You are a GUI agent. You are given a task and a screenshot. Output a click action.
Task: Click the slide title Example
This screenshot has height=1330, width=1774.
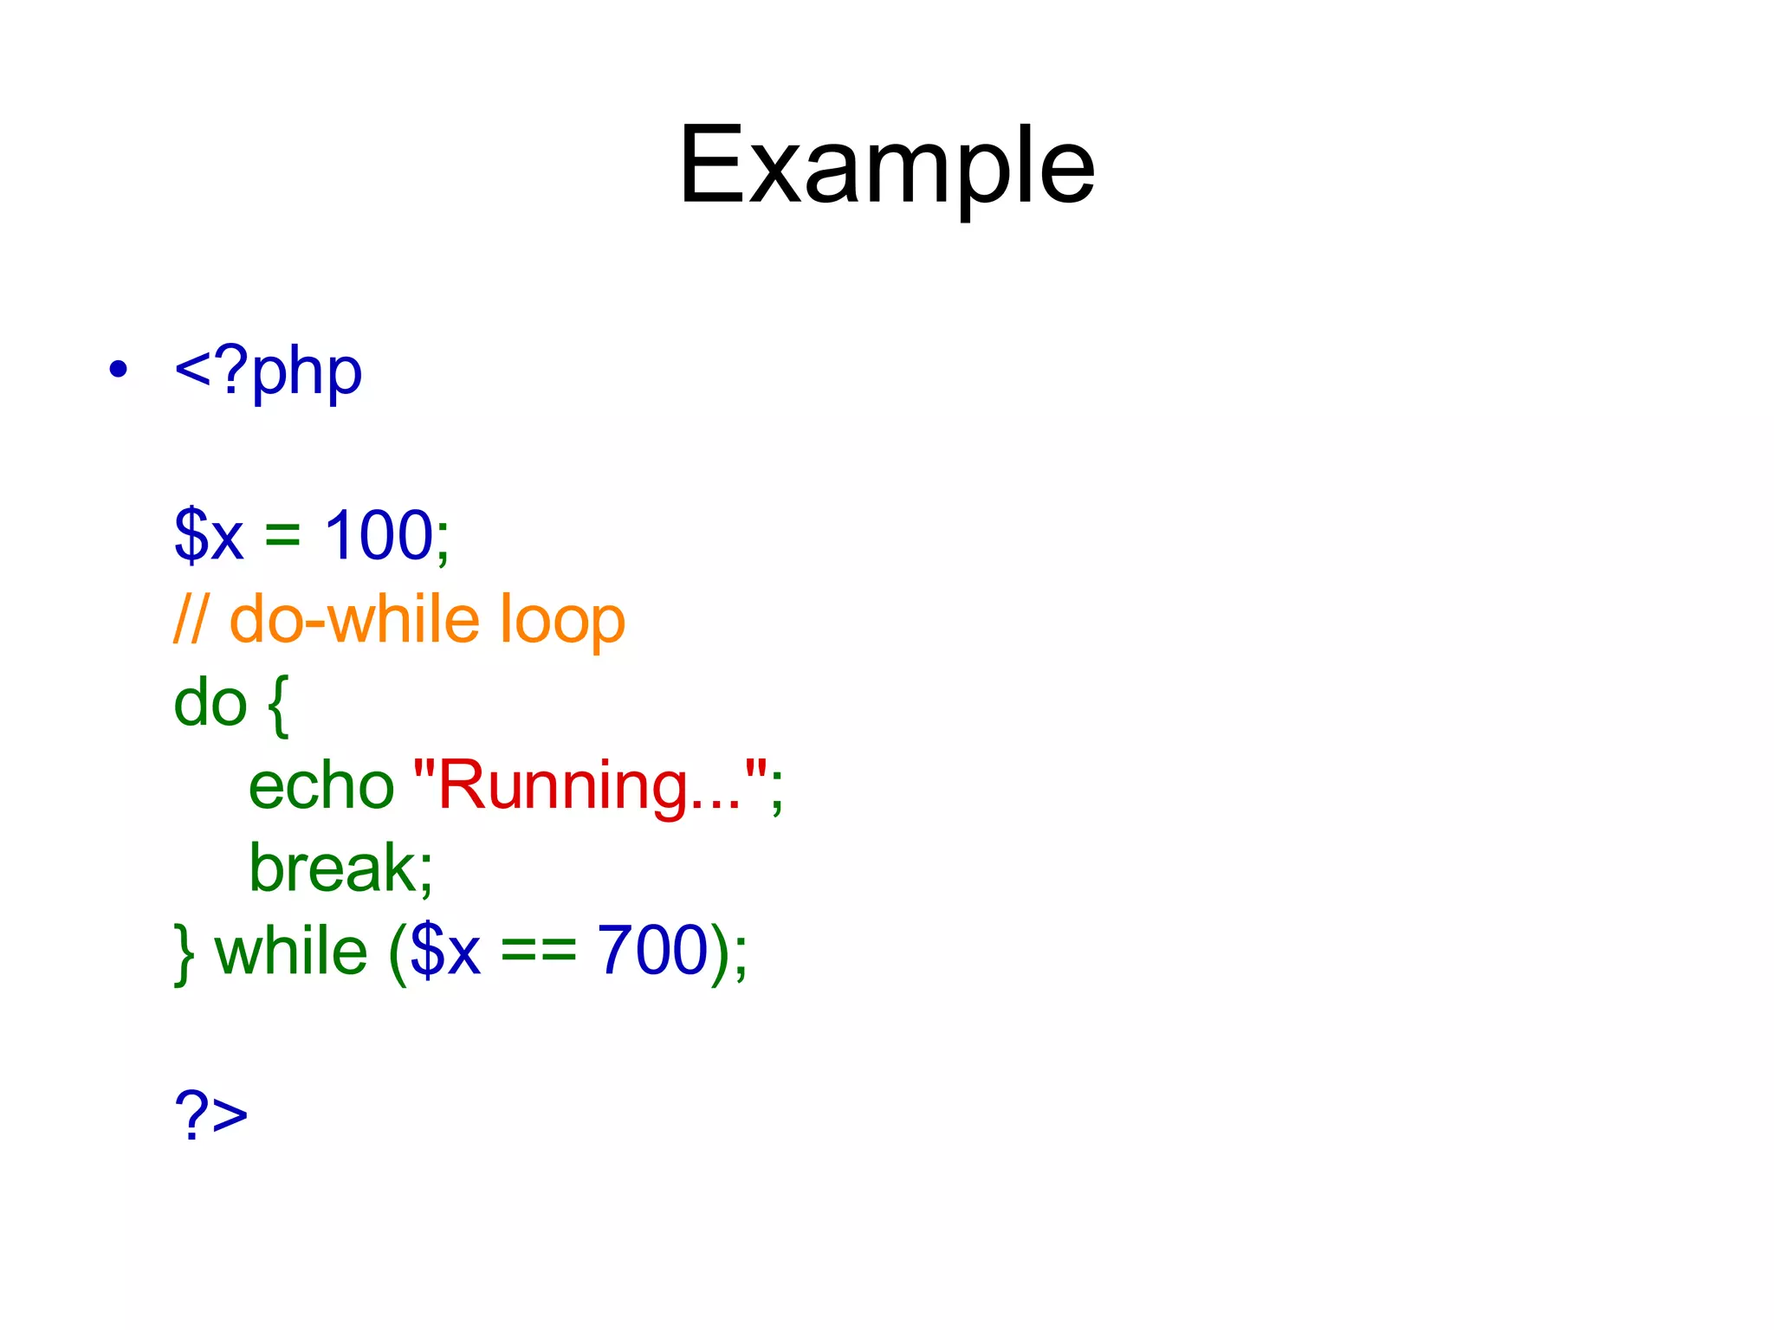886,166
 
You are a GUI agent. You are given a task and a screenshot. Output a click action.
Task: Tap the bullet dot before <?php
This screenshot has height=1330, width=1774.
119,371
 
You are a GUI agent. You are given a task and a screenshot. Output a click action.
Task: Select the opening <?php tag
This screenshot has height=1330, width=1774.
268,372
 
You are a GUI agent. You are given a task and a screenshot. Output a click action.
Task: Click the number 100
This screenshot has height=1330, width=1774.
379,535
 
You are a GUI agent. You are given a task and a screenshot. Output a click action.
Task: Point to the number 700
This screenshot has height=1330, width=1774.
654,950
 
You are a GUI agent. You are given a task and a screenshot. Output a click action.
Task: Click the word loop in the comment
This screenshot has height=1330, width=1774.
562,620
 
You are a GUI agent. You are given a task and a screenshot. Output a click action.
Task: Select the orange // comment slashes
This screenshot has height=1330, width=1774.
190,620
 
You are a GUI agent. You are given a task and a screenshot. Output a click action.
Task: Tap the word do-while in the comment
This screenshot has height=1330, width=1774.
354,620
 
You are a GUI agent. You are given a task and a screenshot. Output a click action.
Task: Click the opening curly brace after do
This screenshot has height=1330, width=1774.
277,705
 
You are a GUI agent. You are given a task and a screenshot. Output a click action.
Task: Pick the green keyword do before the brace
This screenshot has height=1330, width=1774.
210,703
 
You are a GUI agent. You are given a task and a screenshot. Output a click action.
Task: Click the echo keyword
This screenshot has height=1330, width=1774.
321,786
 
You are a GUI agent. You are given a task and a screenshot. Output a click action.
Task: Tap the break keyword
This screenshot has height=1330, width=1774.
340,868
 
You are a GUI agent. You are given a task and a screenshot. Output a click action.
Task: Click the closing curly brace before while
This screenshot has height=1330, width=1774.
184,952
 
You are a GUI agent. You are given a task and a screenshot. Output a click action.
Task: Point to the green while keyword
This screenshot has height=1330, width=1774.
291,950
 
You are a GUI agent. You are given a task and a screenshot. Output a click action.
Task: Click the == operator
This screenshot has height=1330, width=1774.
538,952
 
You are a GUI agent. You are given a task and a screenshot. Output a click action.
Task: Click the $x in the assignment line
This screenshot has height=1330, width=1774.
209,535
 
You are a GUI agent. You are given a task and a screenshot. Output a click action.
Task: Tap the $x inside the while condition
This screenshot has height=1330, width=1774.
444,951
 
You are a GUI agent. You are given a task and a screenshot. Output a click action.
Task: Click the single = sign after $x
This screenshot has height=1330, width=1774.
282,535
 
